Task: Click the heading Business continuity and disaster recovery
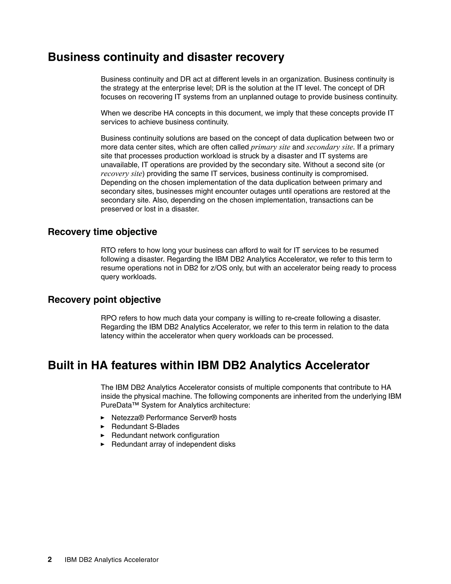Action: point(166,57)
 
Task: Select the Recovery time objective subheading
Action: point(102,232)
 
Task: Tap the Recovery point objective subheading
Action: point(104,300)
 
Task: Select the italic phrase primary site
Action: point(270,147)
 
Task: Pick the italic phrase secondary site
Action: point(330,147)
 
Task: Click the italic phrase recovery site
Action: point(121,174)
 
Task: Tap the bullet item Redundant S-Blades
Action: point(145,426)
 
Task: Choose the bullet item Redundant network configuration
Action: point(165,435)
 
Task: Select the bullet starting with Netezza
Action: point(174,418)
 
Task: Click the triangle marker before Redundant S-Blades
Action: point(103,426)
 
